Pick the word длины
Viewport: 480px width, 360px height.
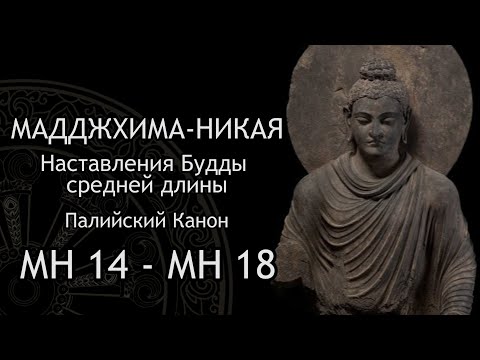tap(218, 187)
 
